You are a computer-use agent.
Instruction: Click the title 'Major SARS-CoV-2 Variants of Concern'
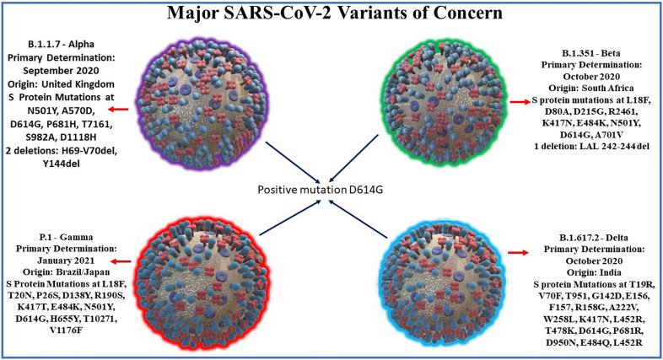point(331,14)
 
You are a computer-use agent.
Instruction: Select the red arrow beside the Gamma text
point(132,238)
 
